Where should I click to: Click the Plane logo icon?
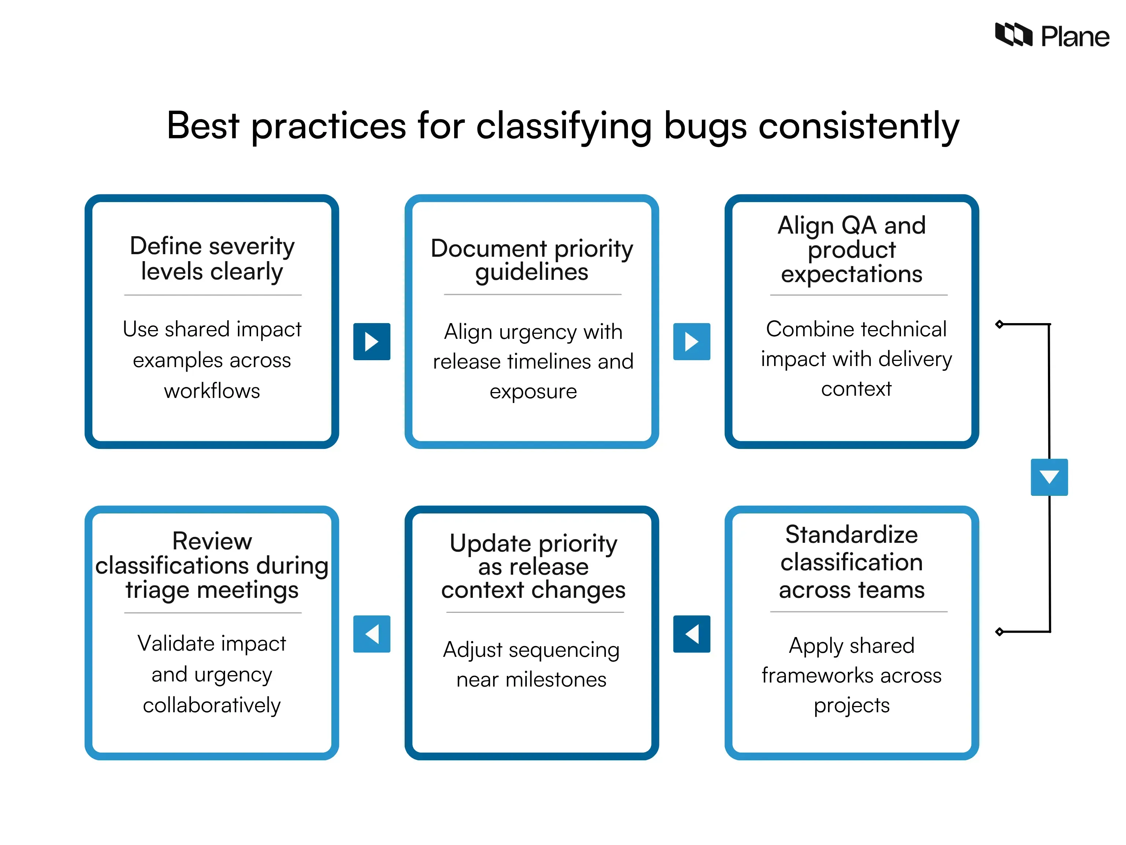click(x=1013, y=34)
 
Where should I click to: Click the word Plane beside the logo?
click(x=1075, y=37)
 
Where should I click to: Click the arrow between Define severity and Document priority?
click(x=372, y=341)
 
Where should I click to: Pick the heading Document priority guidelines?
click(x=531, y=260)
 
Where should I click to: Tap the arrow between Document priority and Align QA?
click(x=691, y=341)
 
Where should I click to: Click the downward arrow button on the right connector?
click(x=1049, y=477)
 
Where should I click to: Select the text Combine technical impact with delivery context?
click(x=856, y=359)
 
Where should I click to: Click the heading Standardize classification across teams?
click(x=851, y=562)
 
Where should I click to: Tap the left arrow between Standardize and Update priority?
click(x=691, y=634)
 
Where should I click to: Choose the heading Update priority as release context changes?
click(x=533, y=566)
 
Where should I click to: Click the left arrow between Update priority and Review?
click(x=372, y=634)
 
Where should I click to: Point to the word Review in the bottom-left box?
click(x=212, y=541)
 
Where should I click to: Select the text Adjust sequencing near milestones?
click(x=531, y=664)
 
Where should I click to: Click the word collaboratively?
click(x=212, y=705)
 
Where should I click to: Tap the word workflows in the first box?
click(x=212, y=391)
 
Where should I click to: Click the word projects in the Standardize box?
click(x=851, y=705)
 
